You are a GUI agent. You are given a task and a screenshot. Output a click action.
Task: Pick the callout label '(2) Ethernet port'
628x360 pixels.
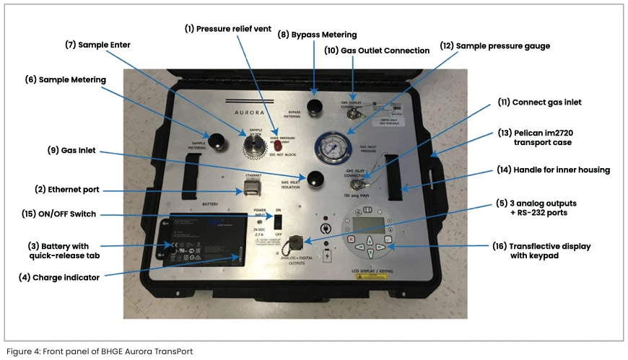(x=66, y=190)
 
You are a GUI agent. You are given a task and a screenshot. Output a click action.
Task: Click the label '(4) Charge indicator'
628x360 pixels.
(x=59, y=277)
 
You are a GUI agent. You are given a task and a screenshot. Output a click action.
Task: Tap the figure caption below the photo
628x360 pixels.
(x=100, y=351)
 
